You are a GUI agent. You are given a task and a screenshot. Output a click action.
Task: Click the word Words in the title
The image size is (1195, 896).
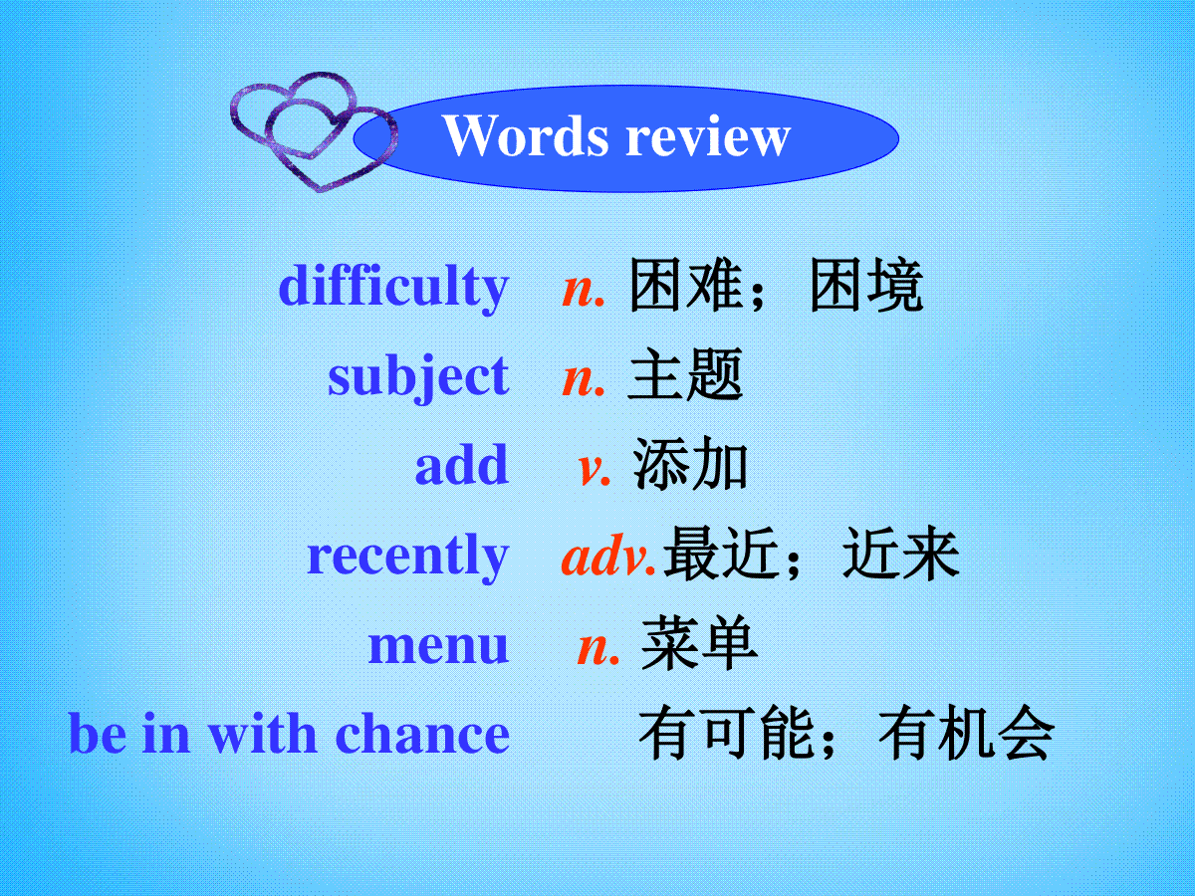[x=526, y=135]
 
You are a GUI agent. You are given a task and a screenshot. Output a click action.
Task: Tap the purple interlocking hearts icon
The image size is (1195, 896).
[x=314, y=131]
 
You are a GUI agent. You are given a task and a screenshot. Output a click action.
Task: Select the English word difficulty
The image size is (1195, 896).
[x=393, y=288]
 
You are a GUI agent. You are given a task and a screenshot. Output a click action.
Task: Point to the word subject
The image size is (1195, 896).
[x=418, y=377]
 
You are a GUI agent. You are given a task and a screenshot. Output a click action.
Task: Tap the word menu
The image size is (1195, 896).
[x=438, y=646]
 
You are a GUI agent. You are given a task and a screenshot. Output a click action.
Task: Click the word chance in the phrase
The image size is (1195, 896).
[x=422, y=734]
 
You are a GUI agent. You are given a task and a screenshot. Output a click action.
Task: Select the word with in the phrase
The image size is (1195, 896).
[x=263, y=734]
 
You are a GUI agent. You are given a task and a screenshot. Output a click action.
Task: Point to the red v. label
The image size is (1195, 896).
[x=594, y=469]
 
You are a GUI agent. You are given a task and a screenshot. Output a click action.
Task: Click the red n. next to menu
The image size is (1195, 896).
[x=598, y=648]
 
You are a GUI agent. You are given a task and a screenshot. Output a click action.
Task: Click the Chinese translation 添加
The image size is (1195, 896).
[x=690, y=464]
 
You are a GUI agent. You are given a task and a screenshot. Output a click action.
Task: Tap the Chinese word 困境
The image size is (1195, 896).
[x=866, y=285]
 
